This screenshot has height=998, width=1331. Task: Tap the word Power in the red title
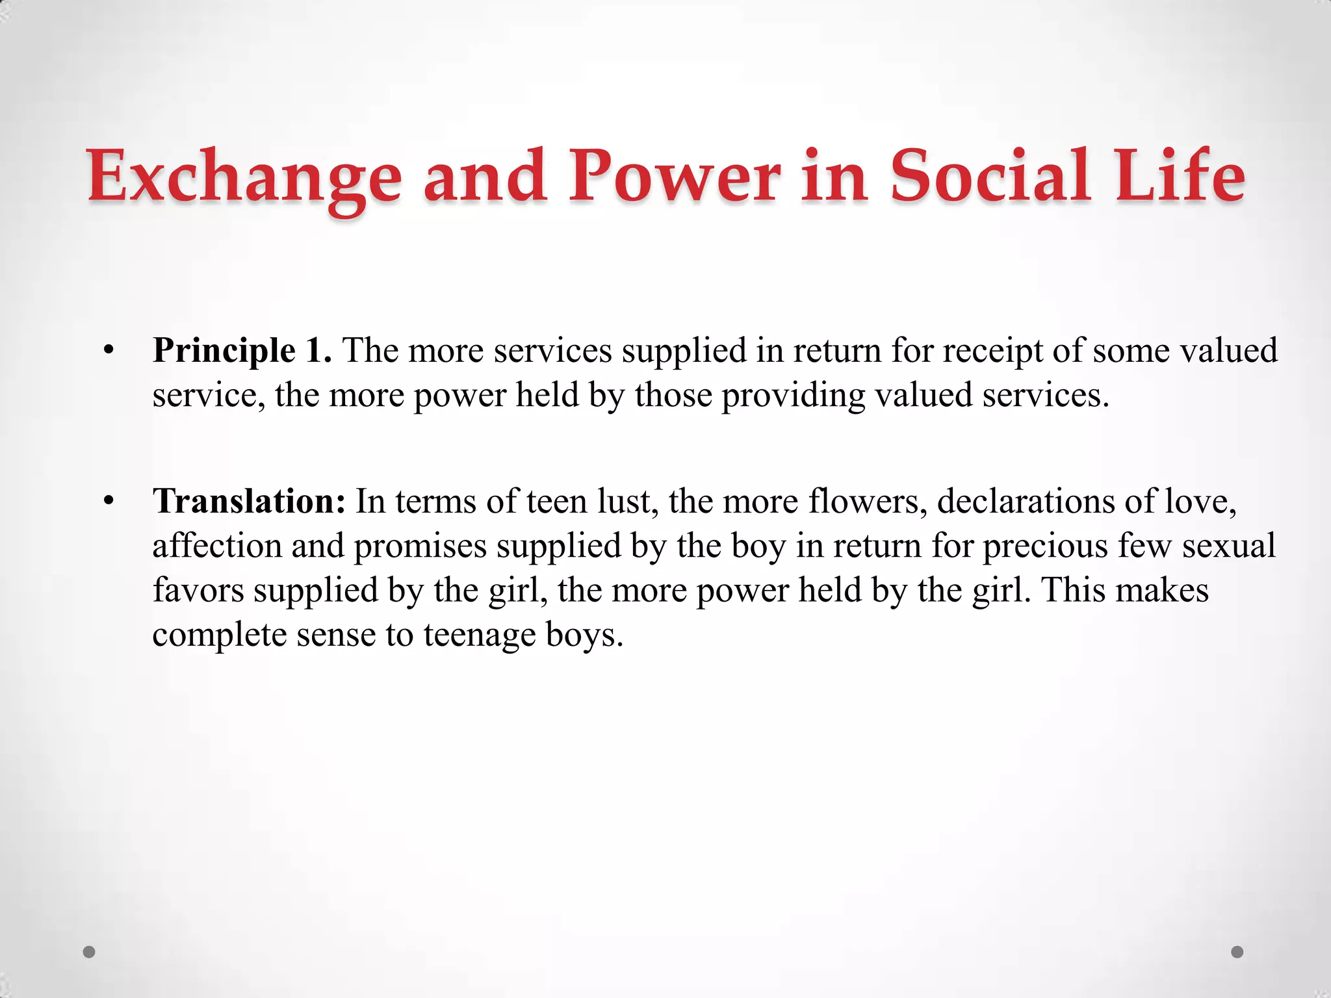(674, 175)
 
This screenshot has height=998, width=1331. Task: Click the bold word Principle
(224, 352)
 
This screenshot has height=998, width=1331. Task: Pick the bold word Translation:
(249, 502)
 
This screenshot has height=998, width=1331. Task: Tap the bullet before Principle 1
(109, 352)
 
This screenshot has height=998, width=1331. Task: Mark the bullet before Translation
(109, 502)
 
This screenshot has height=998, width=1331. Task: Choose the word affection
(216, 546)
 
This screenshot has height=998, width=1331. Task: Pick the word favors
(198, 590)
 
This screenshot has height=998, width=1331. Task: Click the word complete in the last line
(220, 635)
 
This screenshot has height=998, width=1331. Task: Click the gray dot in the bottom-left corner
(90, 952)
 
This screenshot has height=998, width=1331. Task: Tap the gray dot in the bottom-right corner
(1237, 952)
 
